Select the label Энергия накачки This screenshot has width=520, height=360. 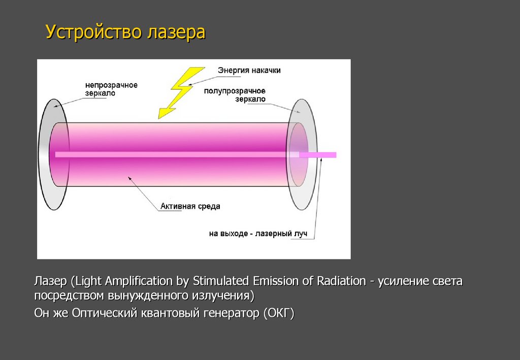click(249, 71)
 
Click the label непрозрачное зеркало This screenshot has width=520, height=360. click(111, 89)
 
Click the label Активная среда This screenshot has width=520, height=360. click(190, 206)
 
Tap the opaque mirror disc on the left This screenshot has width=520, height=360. click(46, 152)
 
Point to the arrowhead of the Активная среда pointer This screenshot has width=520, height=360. click(129, 178)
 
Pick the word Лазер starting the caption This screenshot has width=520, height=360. click(50, 281)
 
